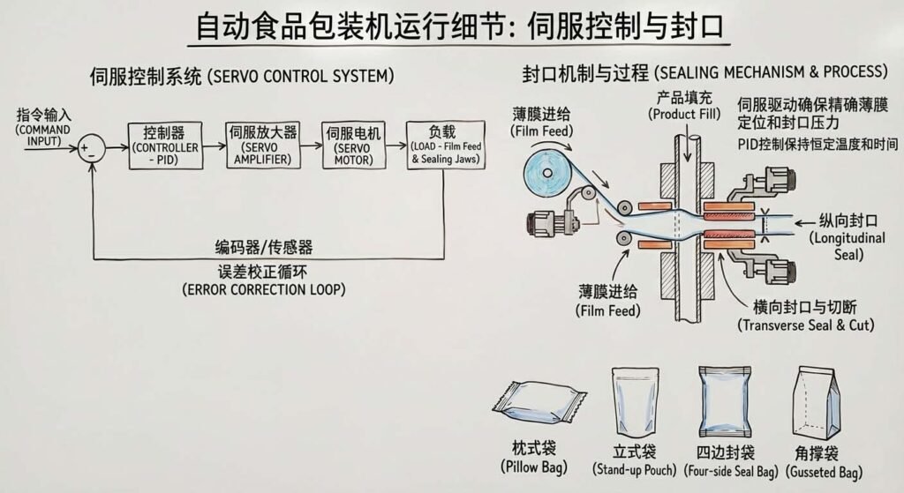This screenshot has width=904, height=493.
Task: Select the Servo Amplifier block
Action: pyautogui.click(x=262, y=146)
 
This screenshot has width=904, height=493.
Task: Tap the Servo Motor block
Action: pyautogui.click(x=353, y=146)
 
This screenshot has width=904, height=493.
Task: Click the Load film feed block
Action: pyautogui.click(x=445, y=146)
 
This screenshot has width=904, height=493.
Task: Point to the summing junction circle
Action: pyautogui.click(x=89, y=146)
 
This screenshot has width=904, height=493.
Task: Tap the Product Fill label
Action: pyautogui.click(x=684, y=105)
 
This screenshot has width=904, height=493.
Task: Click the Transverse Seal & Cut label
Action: pyautogui.click(x=805, y=316)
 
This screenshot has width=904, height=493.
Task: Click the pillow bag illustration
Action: pyautogui.click(x=539, y=404)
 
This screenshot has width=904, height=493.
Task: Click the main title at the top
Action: pyautogui.click(x=458, y=28)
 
